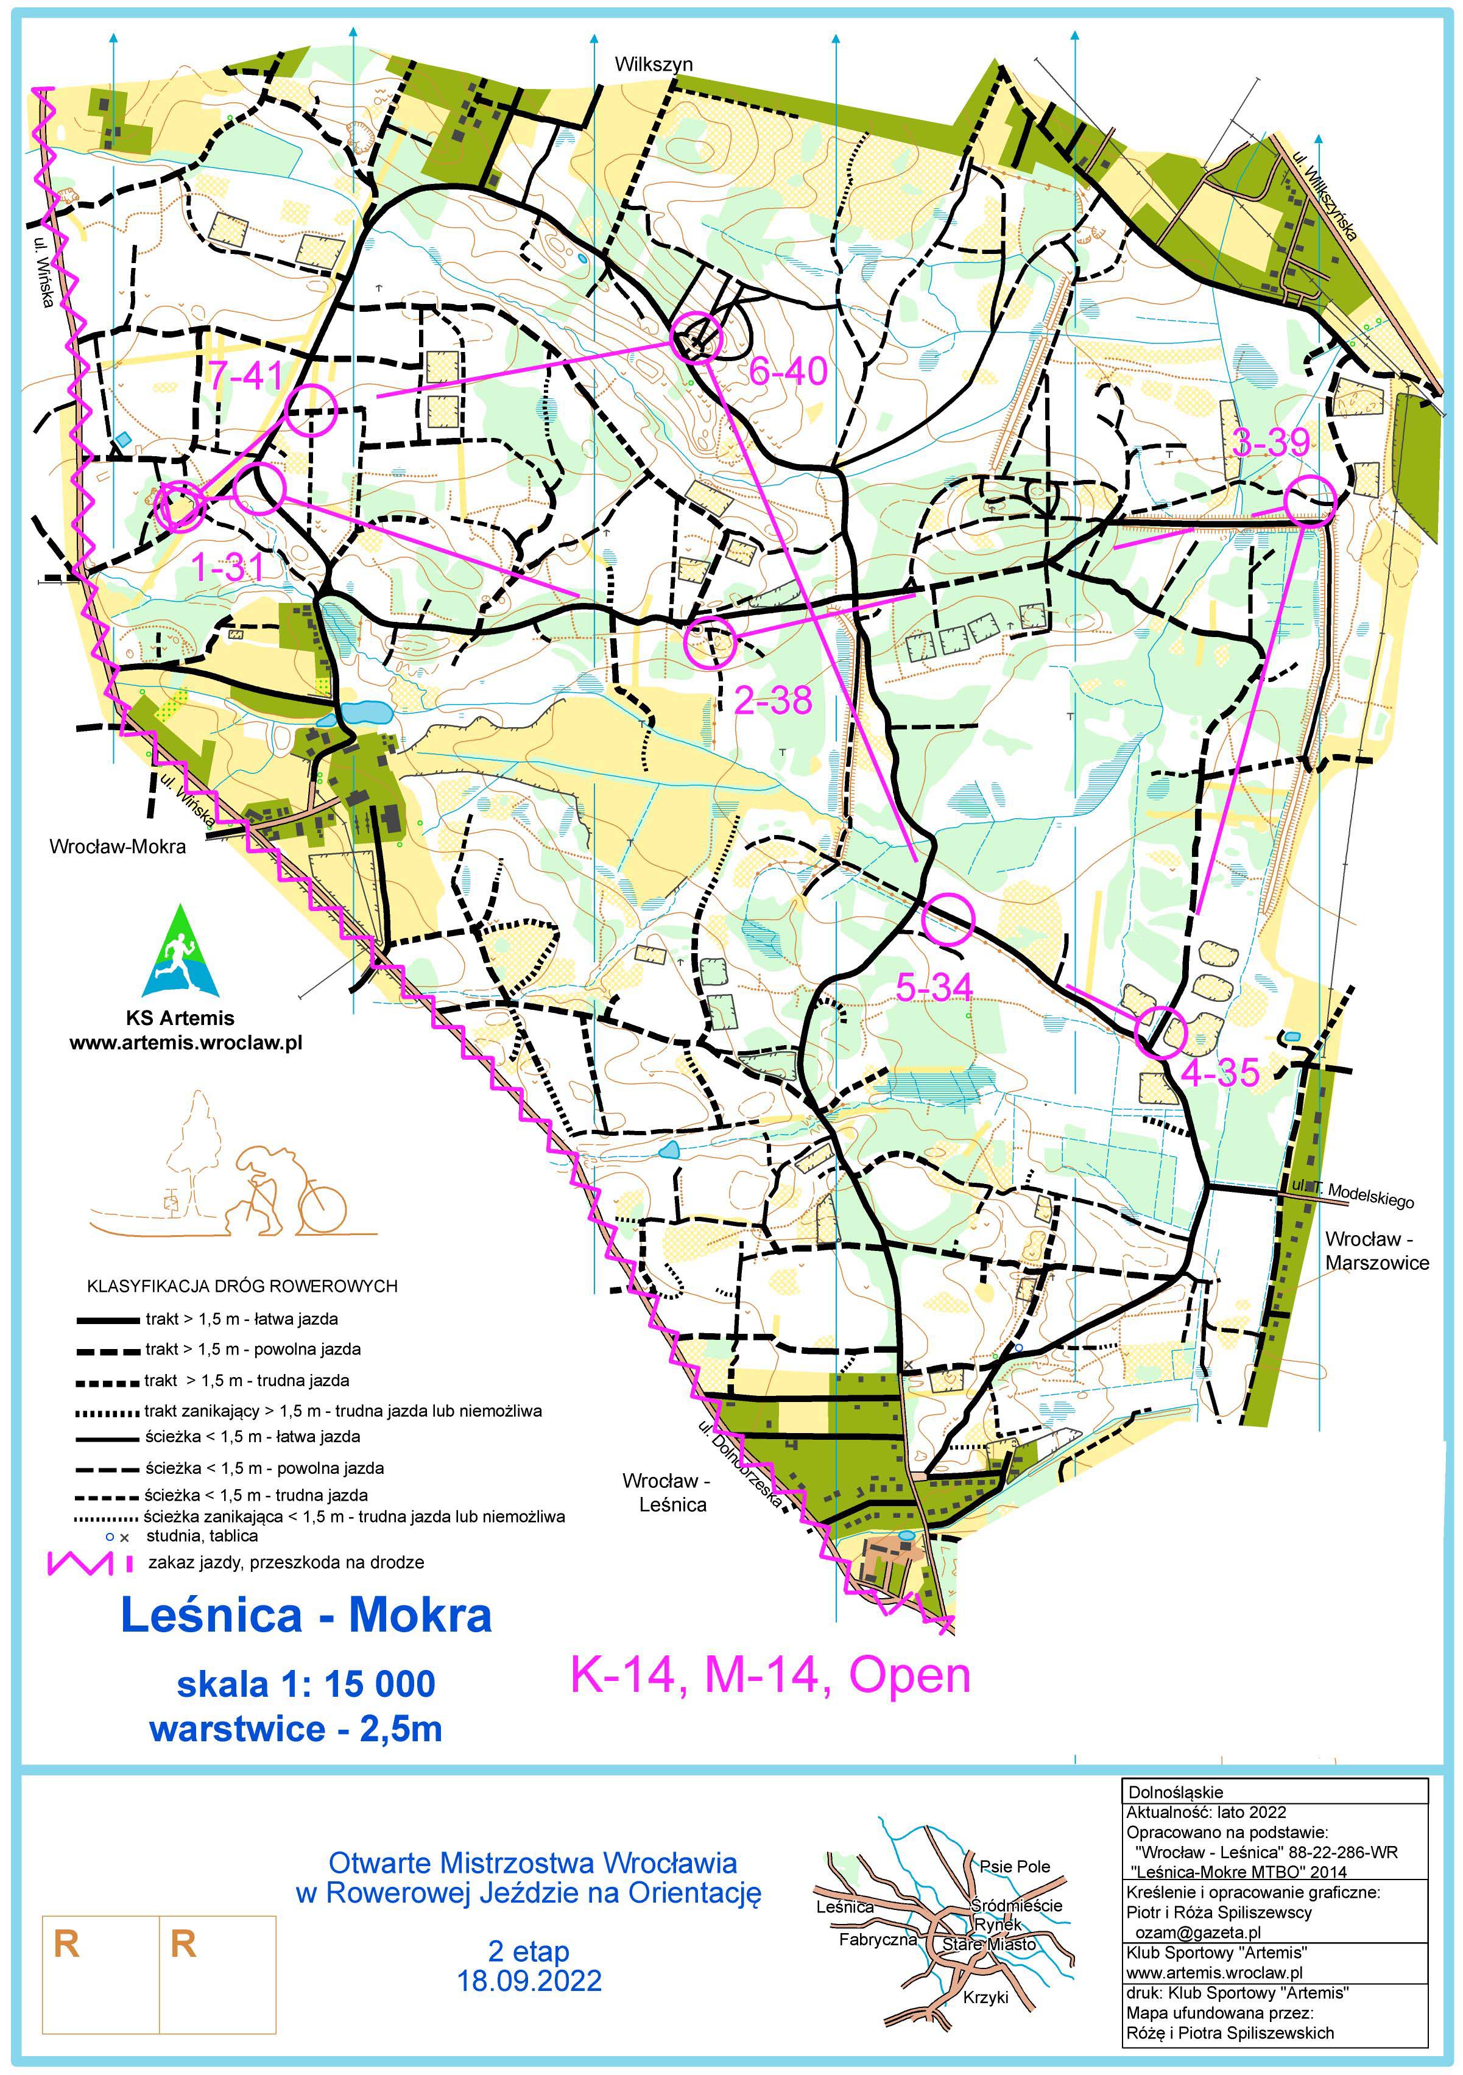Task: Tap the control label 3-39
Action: [x=1271, y=443]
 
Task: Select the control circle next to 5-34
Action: [x=948, y=918]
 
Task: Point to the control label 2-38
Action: [x=773, y=700]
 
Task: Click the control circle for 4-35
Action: [x=1159, y=1032]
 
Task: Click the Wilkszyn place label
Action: [x=654, y=64]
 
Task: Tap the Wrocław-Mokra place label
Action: [x=118, y=847]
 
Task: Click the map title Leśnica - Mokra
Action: [x=306, y=1616]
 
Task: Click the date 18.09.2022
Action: [x=529, y=1980]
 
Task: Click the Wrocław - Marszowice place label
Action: [x=1377, y=1250]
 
